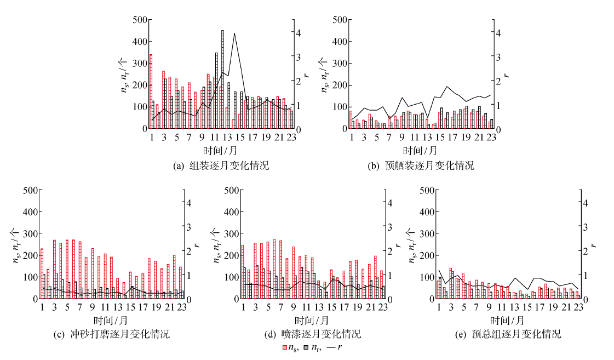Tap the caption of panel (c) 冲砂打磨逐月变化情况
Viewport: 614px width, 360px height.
coord(120,334)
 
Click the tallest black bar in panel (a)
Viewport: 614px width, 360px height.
coord(222,79)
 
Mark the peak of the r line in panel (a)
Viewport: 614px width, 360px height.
coord(234,33)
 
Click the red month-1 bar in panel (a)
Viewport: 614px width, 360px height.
coord(151,91)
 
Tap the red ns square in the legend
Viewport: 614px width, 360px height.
coord(284,347)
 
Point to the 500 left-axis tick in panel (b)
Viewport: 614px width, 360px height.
coord(338,20)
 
